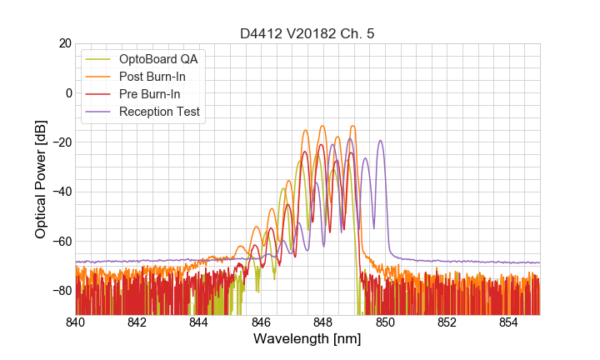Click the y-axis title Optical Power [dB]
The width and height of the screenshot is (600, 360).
point(41,178)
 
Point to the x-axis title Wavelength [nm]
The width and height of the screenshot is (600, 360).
point(307,339)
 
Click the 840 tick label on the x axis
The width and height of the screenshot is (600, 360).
point(76,322)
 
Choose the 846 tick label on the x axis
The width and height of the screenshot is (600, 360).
point(261,322)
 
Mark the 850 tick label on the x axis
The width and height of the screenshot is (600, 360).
point(385,322)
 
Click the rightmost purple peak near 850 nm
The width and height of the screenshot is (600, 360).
point(381,141)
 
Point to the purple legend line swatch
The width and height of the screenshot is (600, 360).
point(98,112)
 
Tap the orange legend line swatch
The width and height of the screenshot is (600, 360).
point(98,77)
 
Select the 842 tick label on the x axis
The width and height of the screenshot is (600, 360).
point(137,322)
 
